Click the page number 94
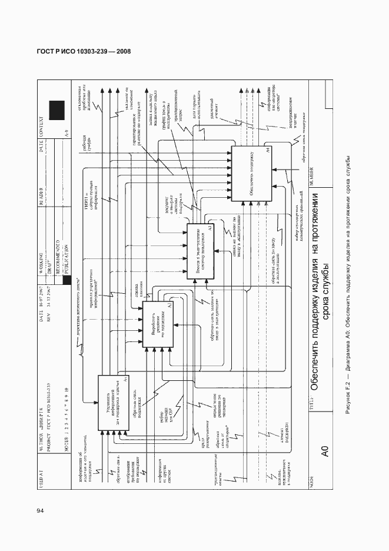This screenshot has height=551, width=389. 40,511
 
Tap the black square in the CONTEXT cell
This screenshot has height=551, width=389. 56,110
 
